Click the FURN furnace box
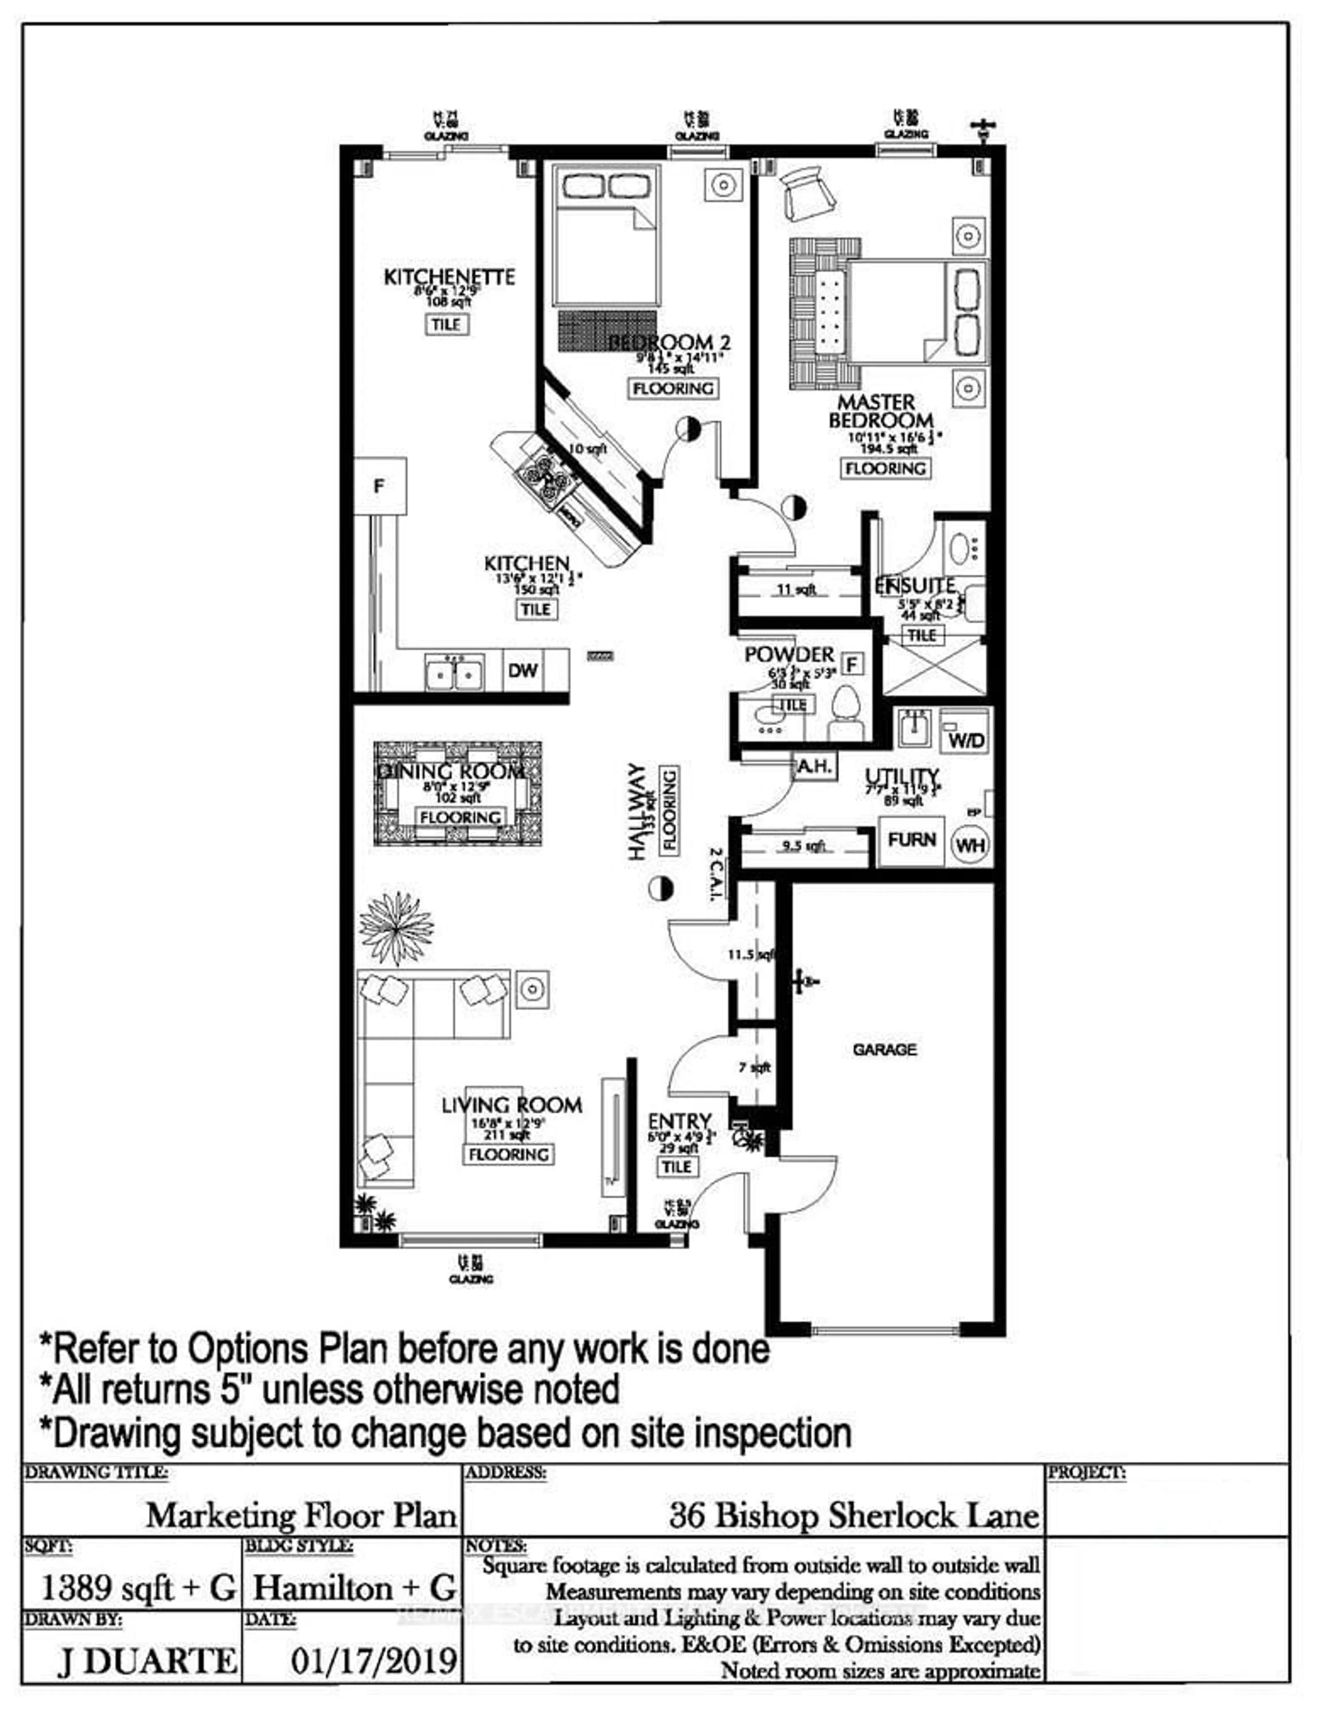pos(912,840)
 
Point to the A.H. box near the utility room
pos(815,766)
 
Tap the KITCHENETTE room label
pos(449,277)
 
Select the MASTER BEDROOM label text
pos(881,412)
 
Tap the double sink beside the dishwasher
pos(453,672)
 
